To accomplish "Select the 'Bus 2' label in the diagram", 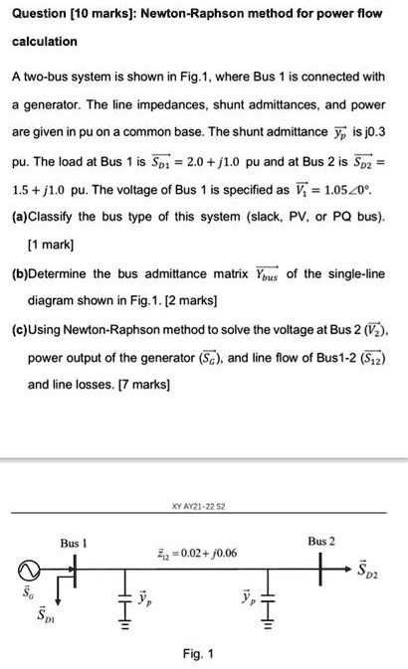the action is (320, 541).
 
